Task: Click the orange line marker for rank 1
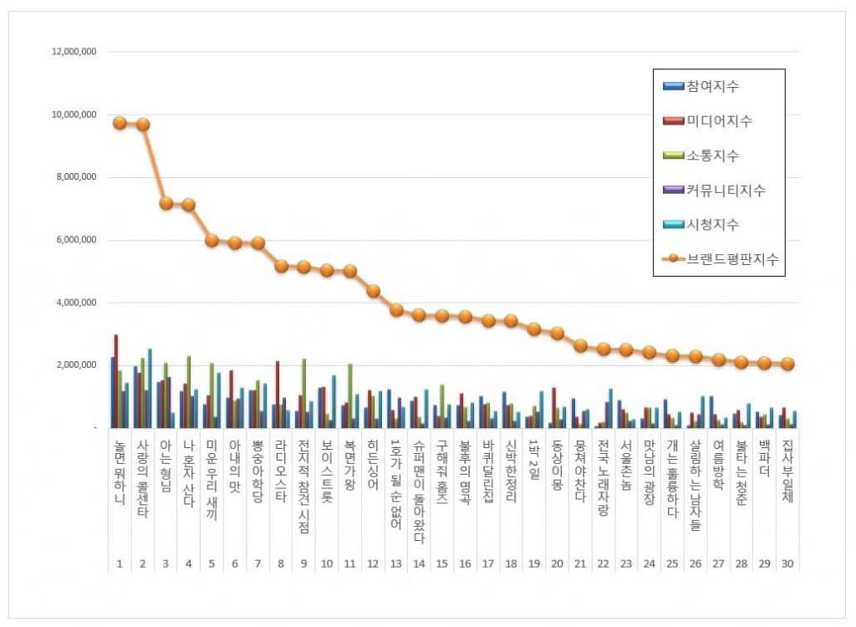(x=120, y=122)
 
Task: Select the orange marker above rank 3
(x=166, y=202)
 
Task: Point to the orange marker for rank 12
(x=373, y=291)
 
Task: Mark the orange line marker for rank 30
(x=787, y=364)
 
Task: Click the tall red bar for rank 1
(x=116, y=380)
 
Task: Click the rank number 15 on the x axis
(x=441, y=563)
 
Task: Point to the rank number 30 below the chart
(x=787, y=563)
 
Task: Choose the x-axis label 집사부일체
(x=787, y=481)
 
